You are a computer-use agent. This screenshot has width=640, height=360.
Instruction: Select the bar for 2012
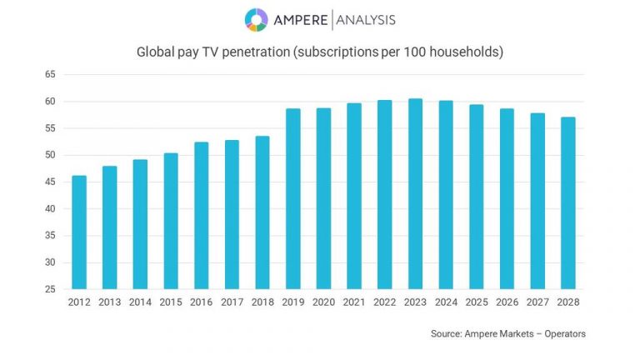click(79, 232)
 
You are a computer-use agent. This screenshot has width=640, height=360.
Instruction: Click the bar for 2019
click(293, 199)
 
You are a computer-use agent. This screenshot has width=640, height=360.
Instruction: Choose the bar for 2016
click(202, 216)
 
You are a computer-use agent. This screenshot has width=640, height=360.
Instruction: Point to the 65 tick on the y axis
click(50, 75)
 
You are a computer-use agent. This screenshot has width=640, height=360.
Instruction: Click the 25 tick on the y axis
click(50, 289)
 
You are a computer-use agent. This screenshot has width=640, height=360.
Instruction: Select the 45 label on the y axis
click(50, 182)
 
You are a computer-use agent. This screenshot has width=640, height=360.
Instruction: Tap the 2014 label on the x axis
click(140, 302)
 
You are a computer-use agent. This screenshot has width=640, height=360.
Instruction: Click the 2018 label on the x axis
click(262, 302)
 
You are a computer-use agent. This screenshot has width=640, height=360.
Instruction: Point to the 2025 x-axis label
click(477, 302)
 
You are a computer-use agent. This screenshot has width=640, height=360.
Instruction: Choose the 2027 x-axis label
click(537, 302)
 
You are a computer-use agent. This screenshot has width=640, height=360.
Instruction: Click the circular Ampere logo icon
click(256, 19)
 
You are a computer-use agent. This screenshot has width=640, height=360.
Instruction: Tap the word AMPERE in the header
click(300, 20)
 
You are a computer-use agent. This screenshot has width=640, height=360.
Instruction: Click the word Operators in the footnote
click(562, 333)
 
